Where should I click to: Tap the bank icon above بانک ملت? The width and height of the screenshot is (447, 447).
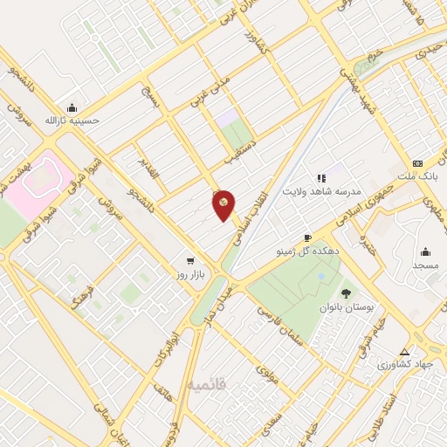tap(417, 163)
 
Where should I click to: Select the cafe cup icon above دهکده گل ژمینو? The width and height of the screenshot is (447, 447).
tap(307, 237)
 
